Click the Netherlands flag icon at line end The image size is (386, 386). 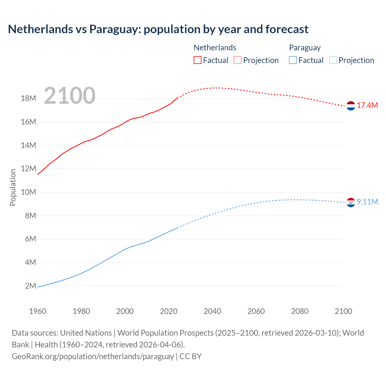[x=351, y=106]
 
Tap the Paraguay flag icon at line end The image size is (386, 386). [x=351, y=202]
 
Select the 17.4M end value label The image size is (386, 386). [x=367, y=105]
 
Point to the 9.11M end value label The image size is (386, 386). [x=367, y=202]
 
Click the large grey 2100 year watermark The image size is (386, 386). [x=70, y=96]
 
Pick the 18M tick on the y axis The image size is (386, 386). [x=28, y=99]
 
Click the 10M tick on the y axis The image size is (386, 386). [x=28, y=192]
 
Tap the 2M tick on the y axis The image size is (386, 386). [x=30, y=286]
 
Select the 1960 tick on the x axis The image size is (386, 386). [x=38, y=311]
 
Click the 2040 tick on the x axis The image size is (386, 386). [x=212, y=311]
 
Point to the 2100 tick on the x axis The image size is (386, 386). [x=343, y=311]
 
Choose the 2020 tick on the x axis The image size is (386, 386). [x=169, y=311]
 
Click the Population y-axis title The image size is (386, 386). [x=13, y=187]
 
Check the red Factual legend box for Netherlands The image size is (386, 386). [x=198, y=60]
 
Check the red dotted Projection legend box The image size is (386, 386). [x=238, y=60]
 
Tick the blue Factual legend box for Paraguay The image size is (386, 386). [x=293, y=60]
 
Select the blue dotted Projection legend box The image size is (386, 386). [x=333, y=60]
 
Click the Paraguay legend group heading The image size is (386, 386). [x=305, y=48]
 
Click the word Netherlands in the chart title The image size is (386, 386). [x=40, y=29]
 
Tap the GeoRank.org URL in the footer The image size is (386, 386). [x=93, y=356]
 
